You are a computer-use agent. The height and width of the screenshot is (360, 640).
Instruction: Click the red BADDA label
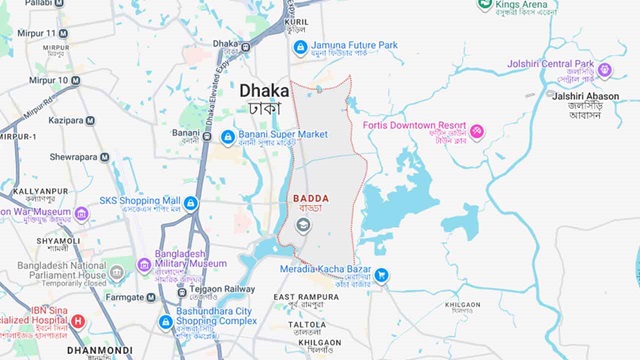coord(311,199)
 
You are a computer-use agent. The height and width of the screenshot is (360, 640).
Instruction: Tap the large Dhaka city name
coord(264,90)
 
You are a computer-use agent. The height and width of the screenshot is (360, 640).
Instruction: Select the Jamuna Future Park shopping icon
coord(298,45)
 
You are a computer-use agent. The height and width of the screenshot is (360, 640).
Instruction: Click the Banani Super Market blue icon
coord(228,135)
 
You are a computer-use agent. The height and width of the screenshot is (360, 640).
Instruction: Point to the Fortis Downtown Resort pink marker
coord(477,130)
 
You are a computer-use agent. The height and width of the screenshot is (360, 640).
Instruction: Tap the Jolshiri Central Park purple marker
coord(604,70)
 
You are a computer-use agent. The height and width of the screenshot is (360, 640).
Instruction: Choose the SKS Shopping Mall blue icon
coord(191,203)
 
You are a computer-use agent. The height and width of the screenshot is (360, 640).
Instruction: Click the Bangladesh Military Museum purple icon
coord(144,257)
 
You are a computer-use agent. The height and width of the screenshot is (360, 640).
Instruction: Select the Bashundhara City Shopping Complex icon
coord(166,322)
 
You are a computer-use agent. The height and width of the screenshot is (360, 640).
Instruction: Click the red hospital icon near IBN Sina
coord(78,322)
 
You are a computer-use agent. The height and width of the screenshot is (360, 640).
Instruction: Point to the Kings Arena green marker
coord(484,5)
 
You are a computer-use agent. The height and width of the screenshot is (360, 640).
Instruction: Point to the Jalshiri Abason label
coord(585,96)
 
